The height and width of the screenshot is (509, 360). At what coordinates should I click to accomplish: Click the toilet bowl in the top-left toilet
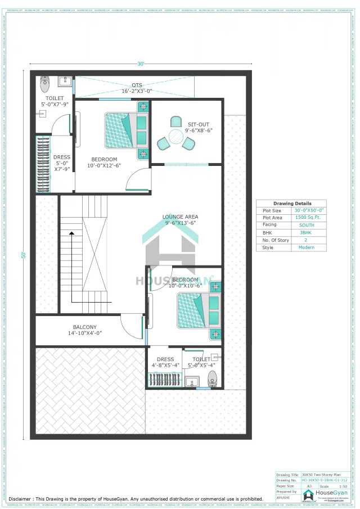coord(45,84)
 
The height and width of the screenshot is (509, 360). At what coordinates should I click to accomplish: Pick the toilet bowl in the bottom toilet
coord(212,377)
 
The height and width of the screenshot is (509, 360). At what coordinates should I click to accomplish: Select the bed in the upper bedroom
coord(126,130)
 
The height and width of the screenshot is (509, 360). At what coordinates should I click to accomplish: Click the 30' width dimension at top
coord(140,64)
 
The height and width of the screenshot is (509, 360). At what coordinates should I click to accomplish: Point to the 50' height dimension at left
coord(24,255)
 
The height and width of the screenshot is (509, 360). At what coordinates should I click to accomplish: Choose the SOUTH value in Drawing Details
coord(307,225)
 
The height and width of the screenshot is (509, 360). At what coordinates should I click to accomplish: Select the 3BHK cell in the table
coord(307,232)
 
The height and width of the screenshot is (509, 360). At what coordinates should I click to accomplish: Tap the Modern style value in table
coord(307,247)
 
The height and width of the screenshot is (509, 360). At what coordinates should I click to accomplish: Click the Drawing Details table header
coord(292,204)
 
